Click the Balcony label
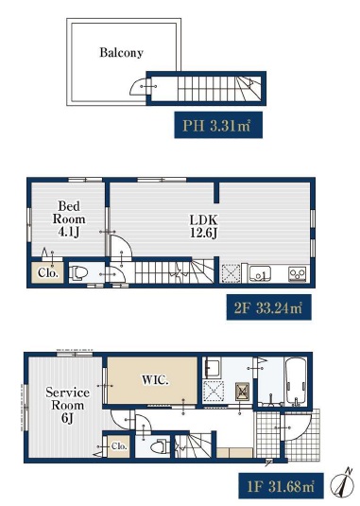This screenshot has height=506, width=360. tap(121, 53)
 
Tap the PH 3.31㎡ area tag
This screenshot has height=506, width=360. tap(218, 125)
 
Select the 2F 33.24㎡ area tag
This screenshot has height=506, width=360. tap(268, 307)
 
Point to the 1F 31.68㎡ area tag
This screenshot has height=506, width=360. tap(281, 486)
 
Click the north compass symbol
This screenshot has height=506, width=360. tap(342, 483)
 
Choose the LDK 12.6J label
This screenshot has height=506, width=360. tap(203, 226)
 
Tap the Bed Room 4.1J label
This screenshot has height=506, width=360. tap(69, 218)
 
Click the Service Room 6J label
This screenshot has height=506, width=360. tap(67, 406)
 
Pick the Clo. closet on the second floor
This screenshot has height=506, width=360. tap(48, 273)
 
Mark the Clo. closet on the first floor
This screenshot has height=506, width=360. tap(118, 446)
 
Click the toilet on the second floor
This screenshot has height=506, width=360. tap(78, 273)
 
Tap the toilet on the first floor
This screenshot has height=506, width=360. tap(161, 447)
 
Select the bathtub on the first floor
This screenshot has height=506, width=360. tap(296, 380)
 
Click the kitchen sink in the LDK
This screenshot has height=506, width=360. tap(260, 273)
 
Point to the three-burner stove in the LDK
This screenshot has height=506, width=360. tap(298, 274)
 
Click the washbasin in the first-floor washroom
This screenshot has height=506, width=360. tap(213, 368)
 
